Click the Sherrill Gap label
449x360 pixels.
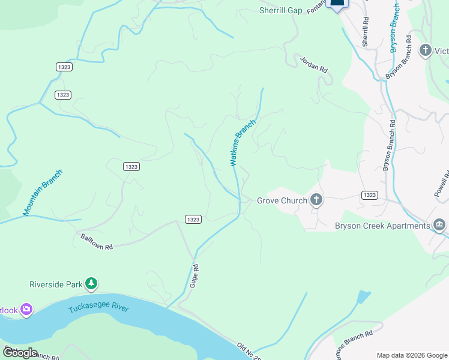(280, 10)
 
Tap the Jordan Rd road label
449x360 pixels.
(314, 64)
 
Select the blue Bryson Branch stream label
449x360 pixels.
(395, 28)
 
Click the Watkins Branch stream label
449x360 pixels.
(243, 143)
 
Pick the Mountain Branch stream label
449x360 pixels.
(43, 193)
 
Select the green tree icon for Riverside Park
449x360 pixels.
(91, 283)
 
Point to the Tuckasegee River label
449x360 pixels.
(98, 308)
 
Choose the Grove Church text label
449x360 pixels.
(282, 200)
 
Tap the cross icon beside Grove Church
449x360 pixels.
(316, 200)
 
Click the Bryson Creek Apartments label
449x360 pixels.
(382, 226)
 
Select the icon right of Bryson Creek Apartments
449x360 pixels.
(439, 225)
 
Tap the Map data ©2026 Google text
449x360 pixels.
(412, 355)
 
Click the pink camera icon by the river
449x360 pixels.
(26, 310)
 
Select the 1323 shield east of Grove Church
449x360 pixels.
(370, 196)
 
